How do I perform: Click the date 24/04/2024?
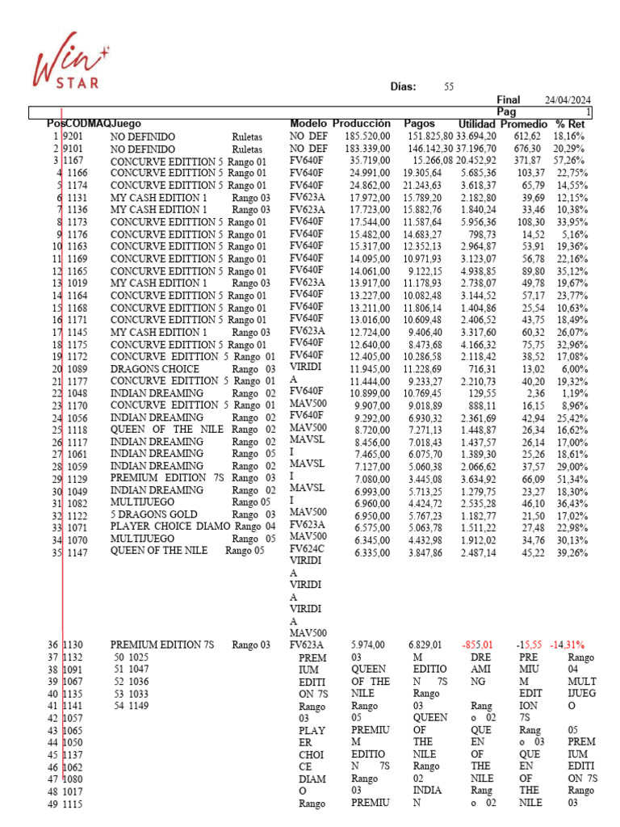point(568,99)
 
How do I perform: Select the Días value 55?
point(449,86)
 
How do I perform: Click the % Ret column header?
point(570,124)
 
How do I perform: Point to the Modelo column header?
point(308,124)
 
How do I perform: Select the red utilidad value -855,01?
point(478,645)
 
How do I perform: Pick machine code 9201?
point(77,137)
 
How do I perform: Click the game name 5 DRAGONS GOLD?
point(153,514)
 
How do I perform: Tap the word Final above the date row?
point(509,99)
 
